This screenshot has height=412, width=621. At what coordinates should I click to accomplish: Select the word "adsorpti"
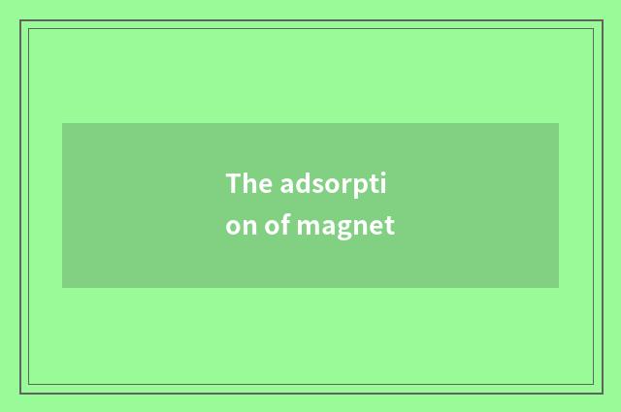point(338,184)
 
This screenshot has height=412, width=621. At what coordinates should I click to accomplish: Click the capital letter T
point(234,183)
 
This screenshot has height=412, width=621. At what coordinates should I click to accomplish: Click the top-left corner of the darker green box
point(62,123)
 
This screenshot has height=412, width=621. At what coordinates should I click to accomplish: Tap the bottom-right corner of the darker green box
point(559,288)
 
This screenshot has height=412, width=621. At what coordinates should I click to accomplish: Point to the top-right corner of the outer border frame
point(601,20)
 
